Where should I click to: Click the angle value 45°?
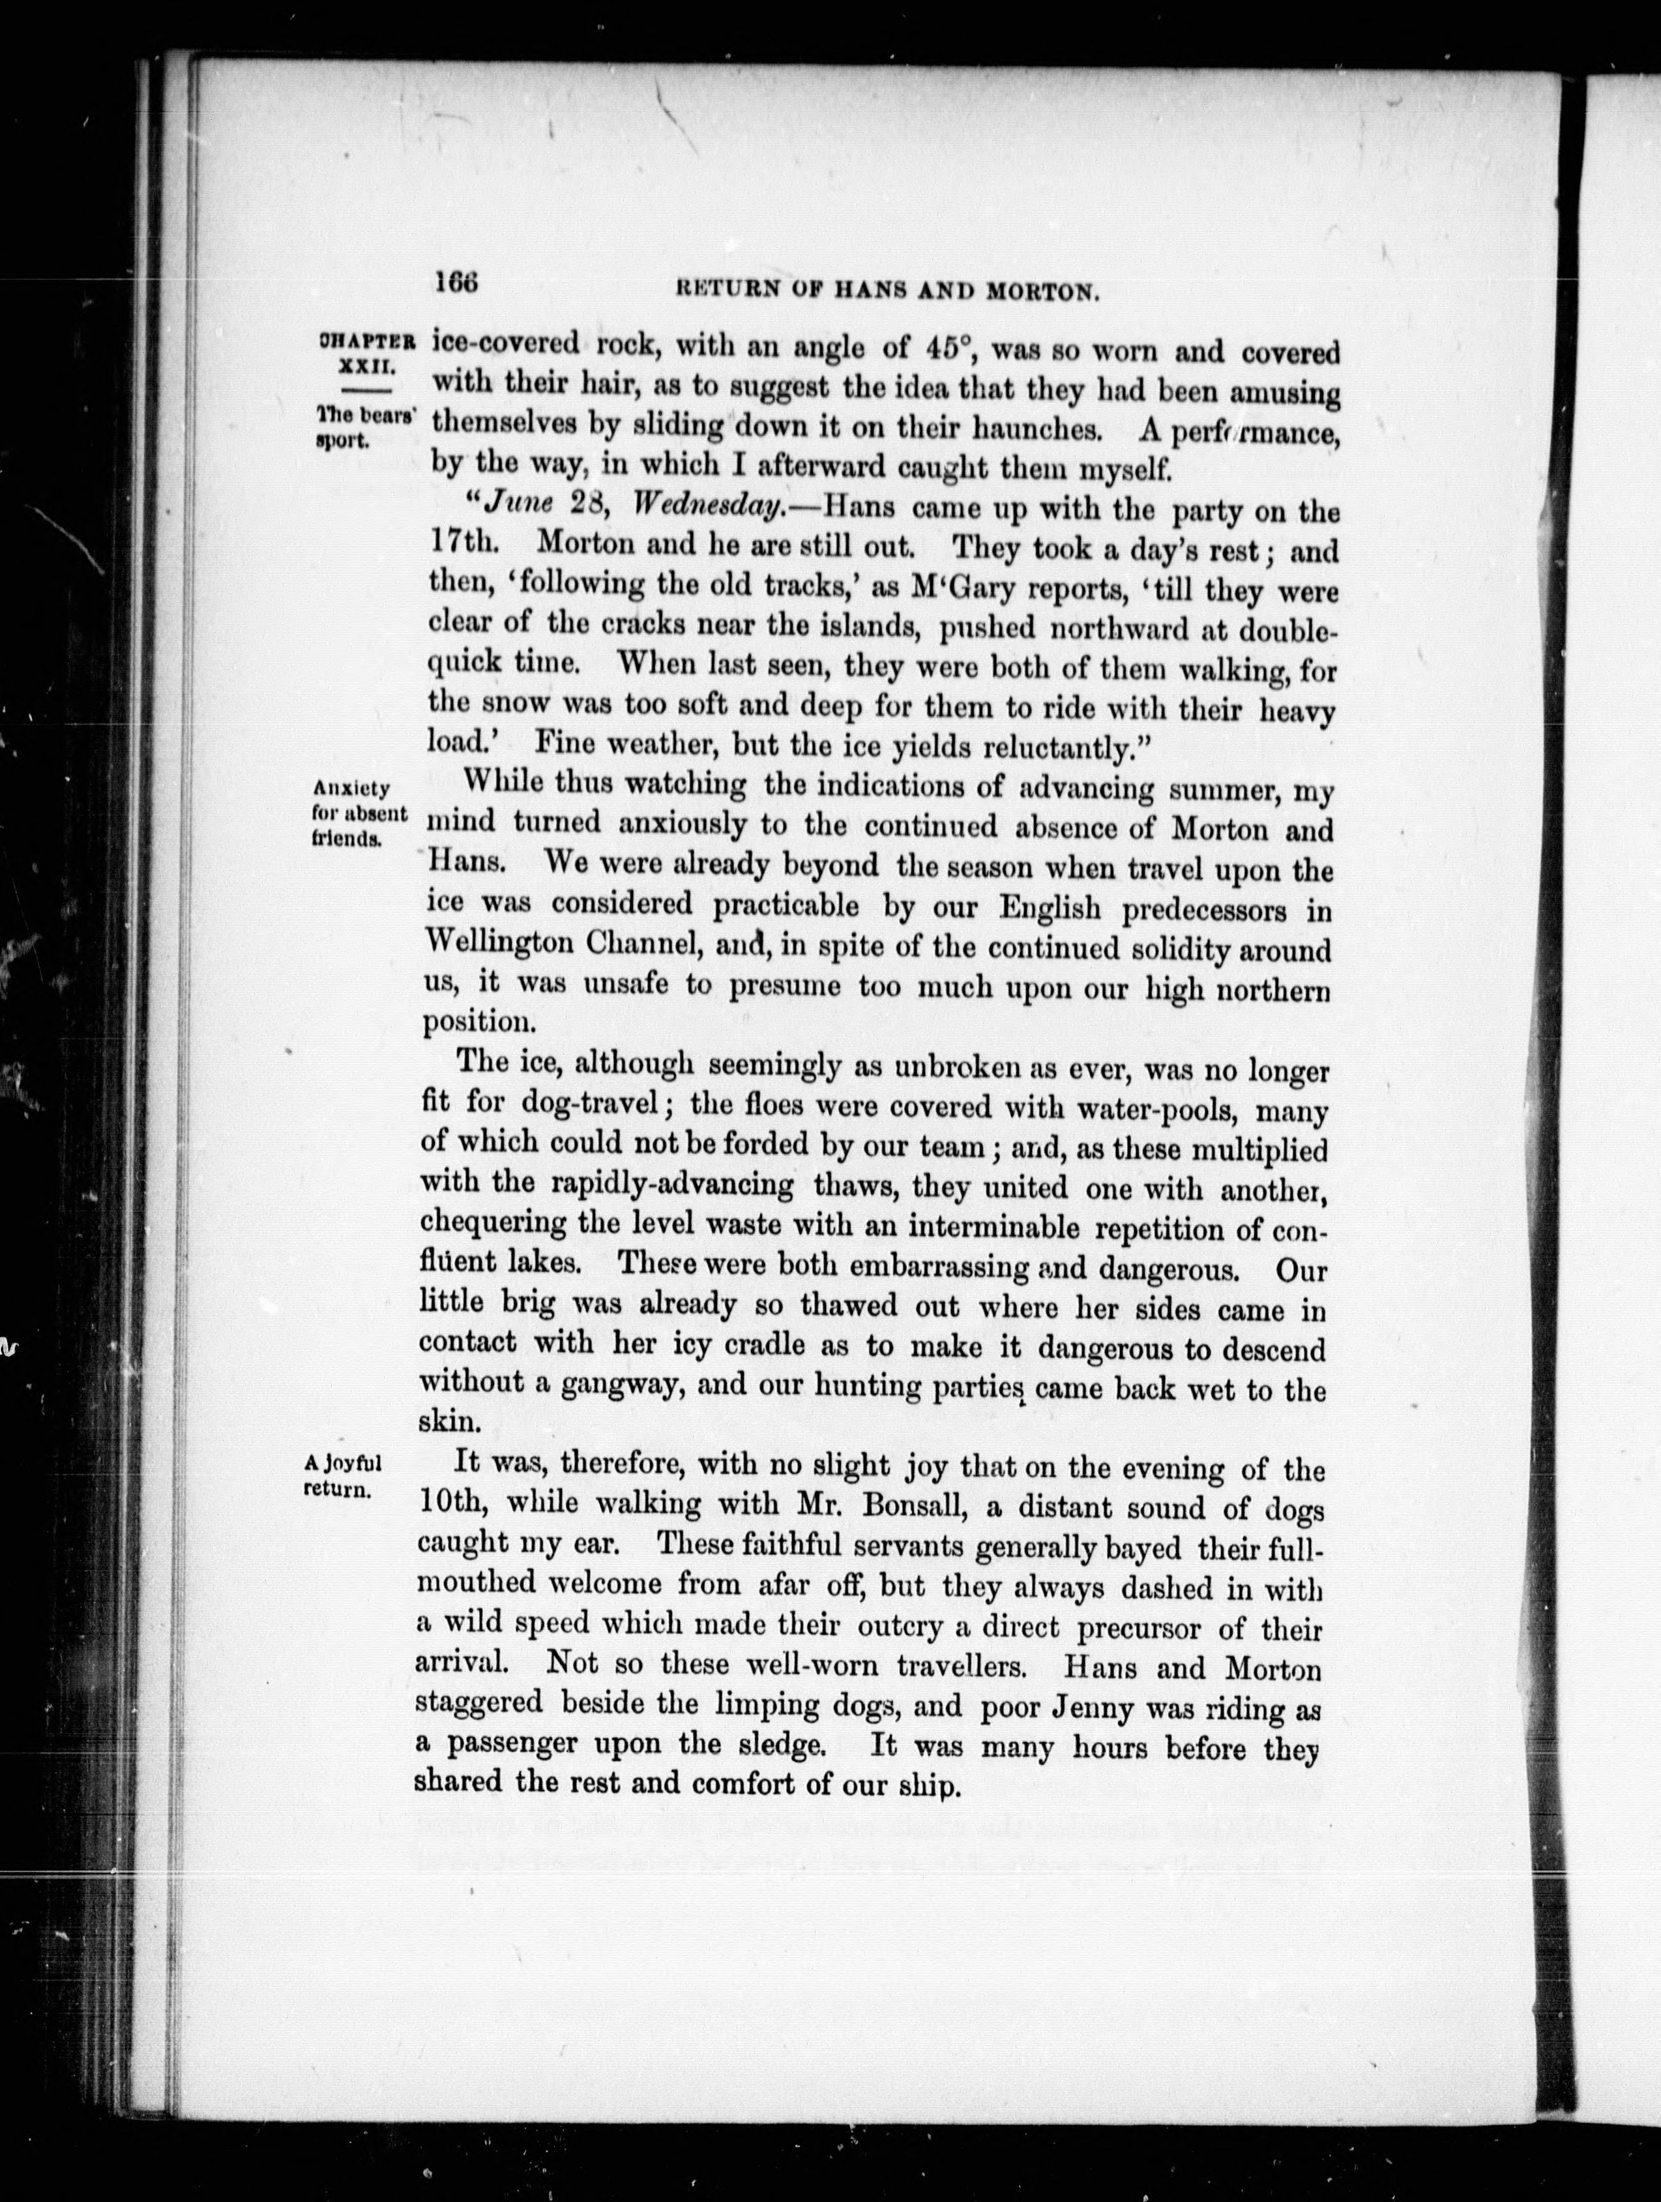click(945, 348)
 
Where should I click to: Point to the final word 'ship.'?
click(930, 1786)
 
